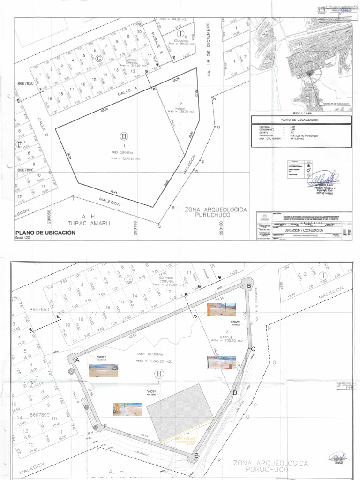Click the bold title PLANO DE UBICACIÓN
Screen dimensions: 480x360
point(45,232)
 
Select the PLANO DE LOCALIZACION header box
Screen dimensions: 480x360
point(299,120)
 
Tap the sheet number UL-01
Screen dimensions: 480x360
point(346,231)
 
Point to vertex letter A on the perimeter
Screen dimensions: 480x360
point(78,360)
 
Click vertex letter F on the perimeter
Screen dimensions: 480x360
point(105,426)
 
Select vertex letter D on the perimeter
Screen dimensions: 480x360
point(235,393)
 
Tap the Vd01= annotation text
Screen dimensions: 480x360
point(102,358)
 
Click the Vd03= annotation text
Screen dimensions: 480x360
point(151,391)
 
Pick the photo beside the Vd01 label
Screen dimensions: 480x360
point(104,370)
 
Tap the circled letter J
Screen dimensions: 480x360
point(322,276)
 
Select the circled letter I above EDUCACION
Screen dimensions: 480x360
point(181,34)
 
